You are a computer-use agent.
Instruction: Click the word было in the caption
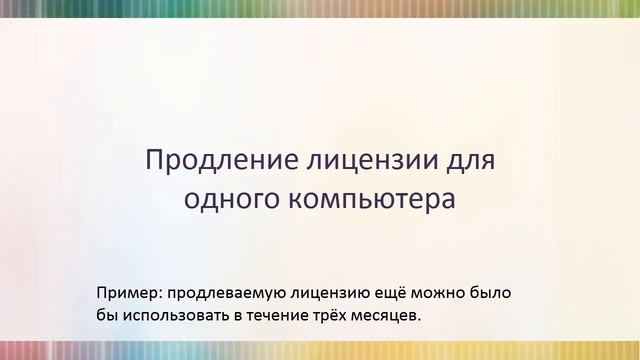click(495, 293)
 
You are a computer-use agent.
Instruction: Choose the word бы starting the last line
click(106, 316)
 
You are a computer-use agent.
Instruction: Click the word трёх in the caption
click(341, 316)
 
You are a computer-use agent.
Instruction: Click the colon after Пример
click(161, 294)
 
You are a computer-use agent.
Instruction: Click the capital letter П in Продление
click(156, 160)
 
